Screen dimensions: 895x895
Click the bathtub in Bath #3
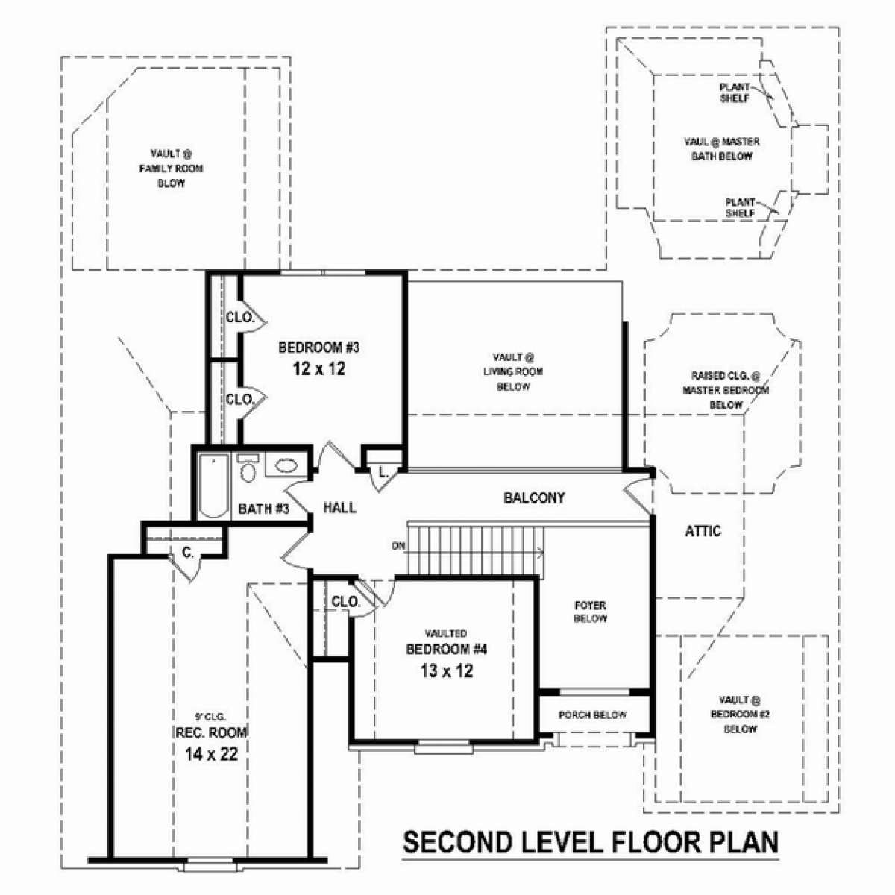pyautogui.click(x=213, y=486)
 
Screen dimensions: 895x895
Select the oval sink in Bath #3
pyautogui.click(x=286, y=465)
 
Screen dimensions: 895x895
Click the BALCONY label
pyautogui.click(x=534, y=497)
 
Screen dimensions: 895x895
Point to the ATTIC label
pyautogui.click(x=703, y=531)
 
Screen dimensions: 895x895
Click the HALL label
pyautogui.click(x=339, y=508)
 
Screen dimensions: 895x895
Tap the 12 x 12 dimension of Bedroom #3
pyautogui.click(x=319, y=368)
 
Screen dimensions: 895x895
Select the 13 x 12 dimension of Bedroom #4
pyautogui.click(x=447, y=671)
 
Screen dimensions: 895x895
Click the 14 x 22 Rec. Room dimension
pyautogui.click(x=211, y=754)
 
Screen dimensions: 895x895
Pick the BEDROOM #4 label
pyautogui.click(x=446, y=650)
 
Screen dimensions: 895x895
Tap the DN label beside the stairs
pyautogui.click(x=398, y=547)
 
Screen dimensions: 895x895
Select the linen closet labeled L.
pyautogui.click(x=383, y=473)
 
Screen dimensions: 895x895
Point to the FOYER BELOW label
pyautogui.click(x=590, y=612)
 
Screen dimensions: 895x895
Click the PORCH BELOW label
pyautogui.click(x=593, y=715)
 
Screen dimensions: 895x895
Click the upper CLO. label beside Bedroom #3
pyautogui.click(x=240, y=318)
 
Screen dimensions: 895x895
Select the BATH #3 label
pyautogui.click(x=264, y=509)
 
